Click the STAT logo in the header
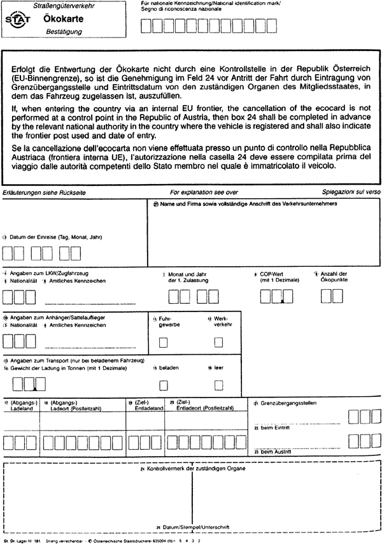[x=15, y=19]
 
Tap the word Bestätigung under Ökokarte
[x=59, y=31]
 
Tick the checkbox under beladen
[x=164, y=384]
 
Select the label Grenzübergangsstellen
[x=287, y=403]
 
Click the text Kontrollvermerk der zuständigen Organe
[x=193, y=468]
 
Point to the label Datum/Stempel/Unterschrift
[x=193, y=527]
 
